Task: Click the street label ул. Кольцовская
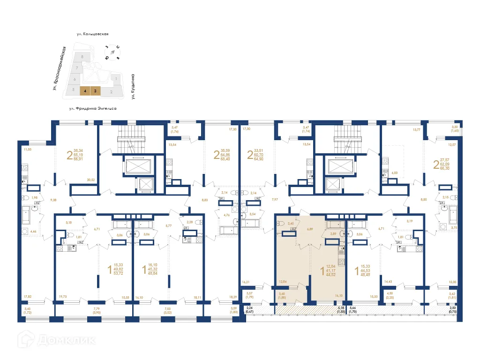pos(93,34)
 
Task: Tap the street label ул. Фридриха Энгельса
pos(93,108)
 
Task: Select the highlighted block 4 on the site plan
pos(85,91)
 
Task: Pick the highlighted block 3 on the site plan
pos(96,91)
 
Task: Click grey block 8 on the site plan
pos(82,56)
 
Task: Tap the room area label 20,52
pos(91,180)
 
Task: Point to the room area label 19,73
pos(63,297)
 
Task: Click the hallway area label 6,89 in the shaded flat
pos(309,229)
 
